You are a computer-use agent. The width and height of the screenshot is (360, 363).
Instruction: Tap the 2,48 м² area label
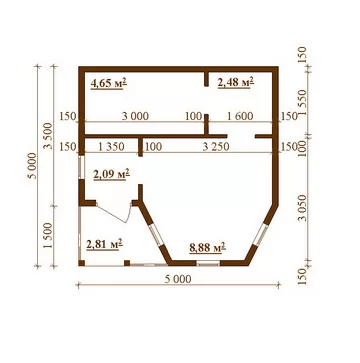[x=236, y=82]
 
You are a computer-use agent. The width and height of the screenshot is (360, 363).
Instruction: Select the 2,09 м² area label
[x=112, y=174]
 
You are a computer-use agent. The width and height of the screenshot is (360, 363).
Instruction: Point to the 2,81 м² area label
[x=104, y=244]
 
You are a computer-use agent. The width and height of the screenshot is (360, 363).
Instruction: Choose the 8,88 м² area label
[x=207, y=248]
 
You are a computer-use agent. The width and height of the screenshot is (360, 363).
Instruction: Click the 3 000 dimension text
[x=135, y=116]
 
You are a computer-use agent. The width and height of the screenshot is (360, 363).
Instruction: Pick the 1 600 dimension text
[x=240, y=116]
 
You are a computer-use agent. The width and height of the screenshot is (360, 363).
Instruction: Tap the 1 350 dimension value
[x=111, y=147]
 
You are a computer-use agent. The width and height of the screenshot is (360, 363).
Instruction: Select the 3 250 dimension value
[x=216, y=147]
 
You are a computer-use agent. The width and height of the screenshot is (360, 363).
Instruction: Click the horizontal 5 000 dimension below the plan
[x=178, y=279]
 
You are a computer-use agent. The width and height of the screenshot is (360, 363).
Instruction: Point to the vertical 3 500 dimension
[x=49, y=136]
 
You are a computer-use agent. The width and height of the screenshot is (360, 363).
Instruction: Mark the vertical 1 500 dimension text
[x=49, y=235]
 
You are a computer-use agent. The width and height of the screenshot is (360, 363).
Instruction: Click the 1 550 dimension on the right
[x=303, y=102]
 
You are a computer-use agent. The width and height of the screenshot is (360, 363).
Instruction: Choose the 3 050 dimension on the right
[x=303, y=208]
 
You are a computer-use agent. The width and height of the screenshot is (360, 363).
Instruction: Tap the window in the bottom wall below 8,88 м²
[x=208, y=264]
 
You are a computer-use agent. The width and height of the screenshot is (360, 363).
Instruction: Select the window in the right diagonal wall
[x=261, y=235]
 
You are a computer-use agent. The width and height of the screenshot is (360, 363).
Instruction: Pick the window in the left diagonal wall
[x=155, y=235]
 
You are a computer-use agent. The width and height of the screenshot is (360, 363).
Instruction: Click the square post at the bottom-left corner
[x=82, y=263]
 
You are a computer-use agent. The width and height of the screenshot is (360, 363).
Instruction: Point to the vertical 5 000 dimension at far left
[x=33, y=166]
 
